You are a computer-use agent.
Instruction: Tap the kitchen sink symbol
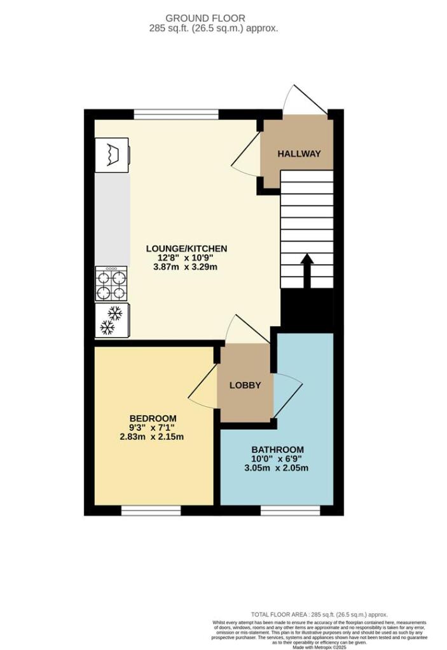[x=113, y=154]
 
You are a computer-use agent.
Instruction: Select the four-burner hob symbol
[x=111, y=283]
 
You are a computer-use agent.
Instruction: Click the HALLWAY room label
[x=298, y=154]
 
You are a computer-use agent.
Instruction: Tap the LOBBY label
[x=245, y=385]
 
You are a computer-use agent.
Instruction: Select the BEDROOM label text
[x=153, y=418]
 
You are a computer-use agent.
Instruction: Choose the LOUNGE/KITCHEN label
[x=186, y=248]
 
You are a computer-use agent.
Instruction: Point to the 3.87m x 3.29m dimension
[x=186, y=267]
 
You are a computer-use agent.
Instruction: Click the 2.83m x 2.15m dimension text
[x=153, y=437]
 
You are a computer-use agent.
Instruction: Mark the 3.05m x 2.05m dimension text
[x=277, y=468]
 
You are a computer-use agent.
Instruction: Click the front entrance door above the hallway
[x=305, y=100]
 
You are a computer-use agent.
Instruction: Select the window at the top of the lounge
[x=176, y=114]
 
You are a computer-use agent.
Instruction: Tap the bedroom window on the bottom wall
[x=151, y=510]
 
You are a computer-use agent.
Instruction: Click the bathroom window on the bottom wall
[x=290, y=510]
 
